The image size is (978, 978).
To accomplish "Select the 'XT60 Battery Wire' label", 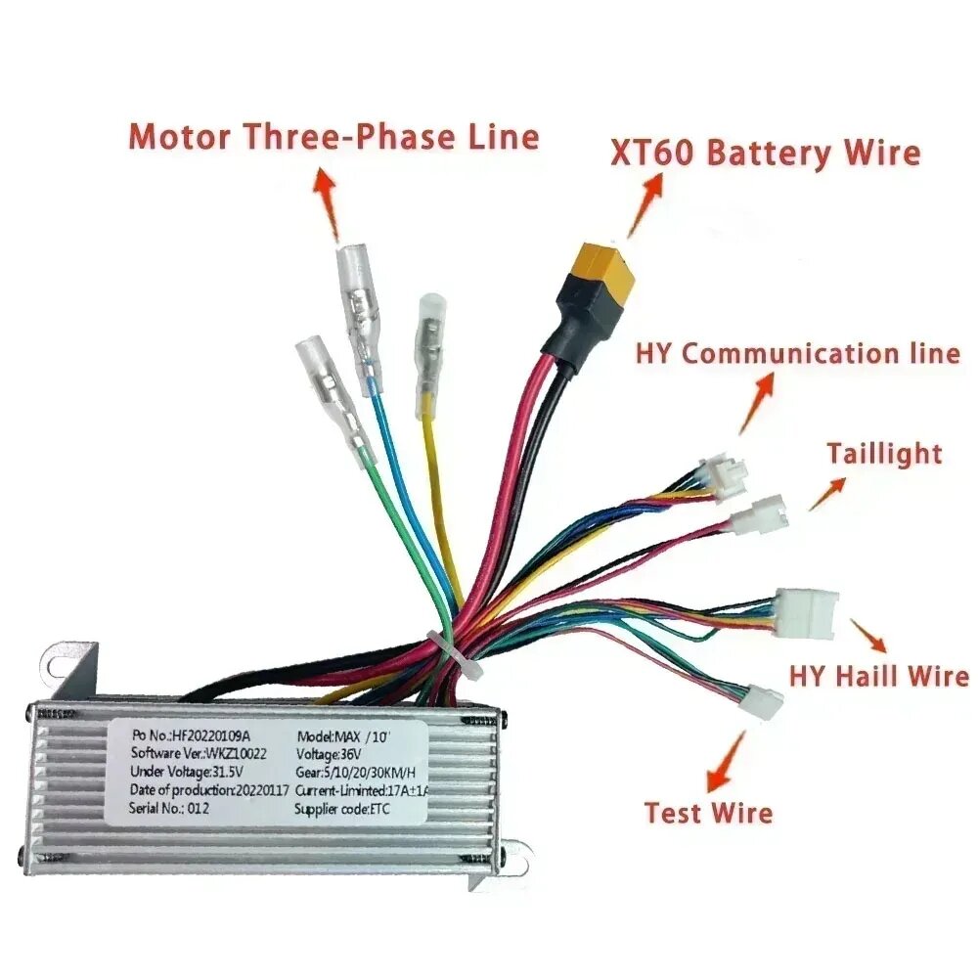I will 765,153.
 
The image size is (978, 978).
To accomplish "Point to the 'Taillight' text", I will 883,454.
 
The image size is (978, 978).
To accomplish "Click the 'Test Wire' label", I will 708,812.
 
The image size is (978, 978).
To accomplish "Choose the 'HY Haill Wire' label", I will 878,676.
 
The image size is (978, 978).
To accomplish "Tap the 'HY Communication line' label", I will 797,353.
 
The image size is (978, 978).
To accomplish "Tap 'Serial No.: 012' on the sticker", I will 169,808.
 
